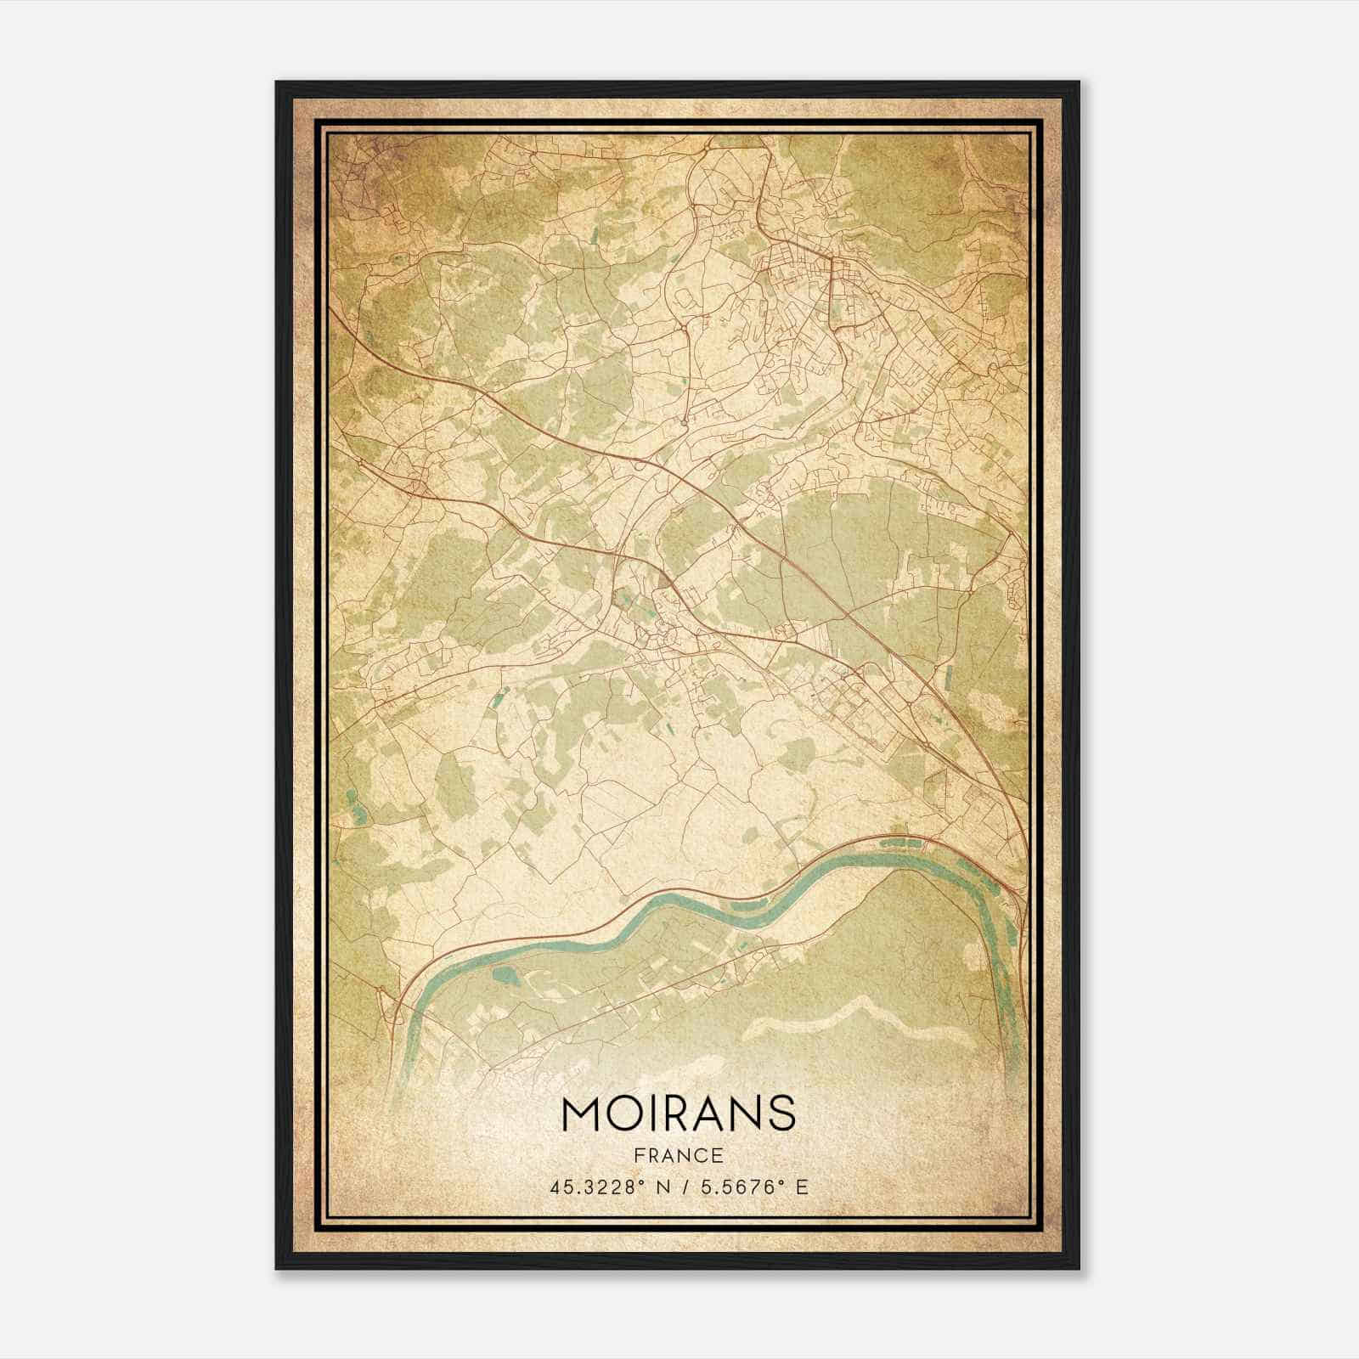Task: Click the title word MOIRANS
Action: pyautogui.click(x=678, y=1114)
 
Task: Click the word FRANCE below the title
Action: pyautogui.click(x=678, y=1155)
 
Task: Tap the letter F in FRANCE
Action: pyautogui.click(x=637, y=1155)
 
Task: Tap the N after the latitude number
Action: pyautogui.click(x=660, y=1187)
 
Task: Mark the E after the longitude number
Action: pyautogui.click(x=801, y=1187)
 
